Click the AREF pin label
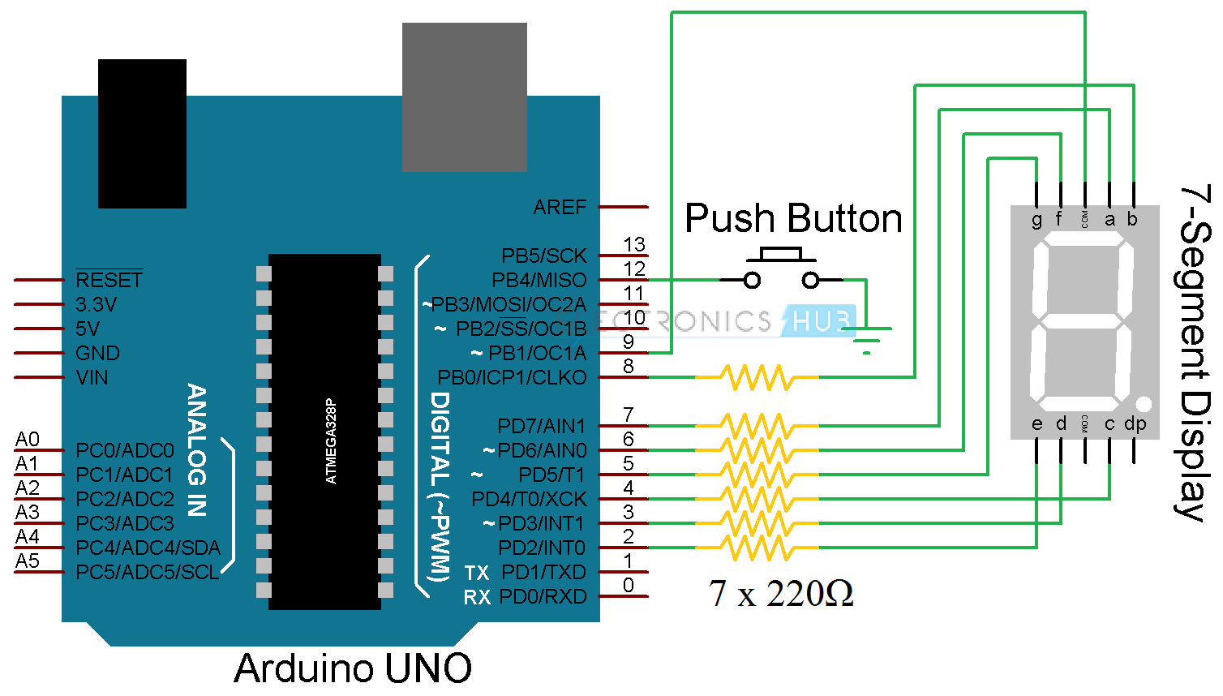[560, 208]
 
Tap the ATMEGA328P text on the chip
[331, 441]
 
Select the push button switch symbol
[781, 270]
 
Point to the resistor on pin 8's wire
[757, 377]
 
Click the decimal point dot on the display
[1144, 403]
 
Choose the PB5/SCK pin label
[543, 256]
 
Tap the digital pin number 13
[634, 244]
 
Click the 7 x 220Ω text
[780, 594]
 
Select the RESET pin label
[109, 280]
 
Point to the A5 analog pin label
[28, 561]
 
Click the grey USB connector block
[464, 97]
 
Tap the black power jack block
[142, 133]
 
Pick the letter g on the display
[1036, 220]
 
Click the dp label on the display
[1135, 423]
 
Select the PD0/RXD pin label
[543, 597]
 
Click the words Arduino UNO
[353, 668]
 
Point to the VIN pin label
[92, 378]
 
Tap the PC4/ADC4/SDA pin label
[148, 548]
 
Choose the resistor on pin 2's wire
[757, 548]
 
